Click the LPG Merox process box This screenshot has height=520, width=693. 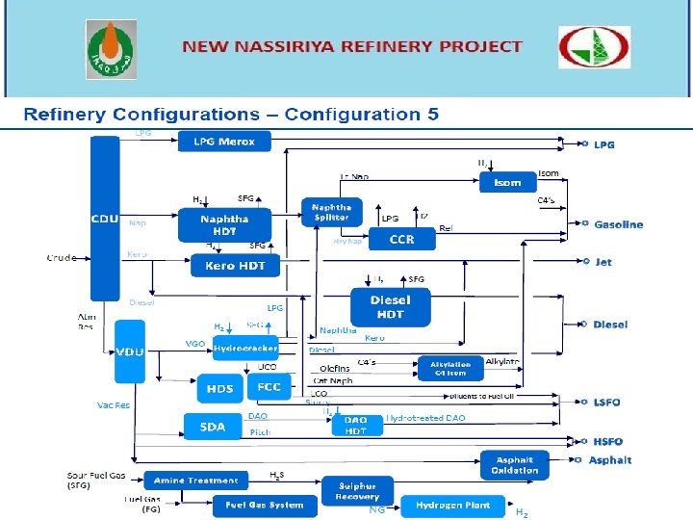224,142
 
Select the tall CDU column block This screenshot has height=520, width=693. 105,218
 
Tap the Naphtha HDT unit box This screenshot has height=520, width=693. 223,225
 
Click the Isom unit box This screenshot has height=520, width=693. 507,182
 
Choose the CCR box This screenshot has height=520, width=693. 401,240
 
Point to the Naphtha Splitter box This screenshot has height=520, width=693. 331,213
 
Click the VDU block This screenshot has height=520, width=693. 129,352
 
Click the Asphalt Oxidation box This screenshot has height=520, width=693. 515,465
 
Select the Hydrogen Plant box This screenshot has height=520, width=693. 452,505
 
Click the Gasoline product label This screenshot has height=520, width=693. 618,224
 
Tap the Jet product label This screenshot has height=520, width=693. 603,262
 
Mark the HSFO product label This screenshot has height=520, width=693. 608,441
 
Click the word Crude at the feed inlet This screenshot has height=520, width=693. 62,257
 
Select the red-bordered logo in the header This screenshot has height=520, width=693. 595,47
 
